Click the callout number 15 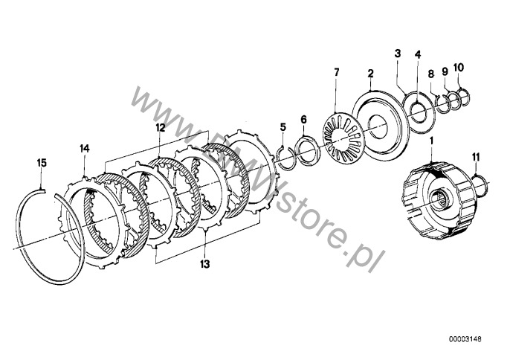(42, 163)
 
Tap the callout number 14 (84, 149)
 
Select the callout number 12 (160, 127)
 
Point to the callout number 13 (205, 263)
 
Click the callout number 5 (283, 127)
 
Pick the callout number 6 (303, 120)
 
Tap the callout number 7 (336, 72)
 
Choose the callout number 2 (370, 74)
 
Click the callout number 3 (398, 54)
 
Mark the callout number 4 (418, 54)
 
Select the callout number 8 (431, 74)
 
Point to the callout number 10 (459, 68)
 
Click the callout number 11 (476, 157)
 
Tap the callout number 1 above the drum (432, 141)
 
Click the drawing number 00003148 (465, 339)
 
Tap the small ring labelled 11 (480, 185)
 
